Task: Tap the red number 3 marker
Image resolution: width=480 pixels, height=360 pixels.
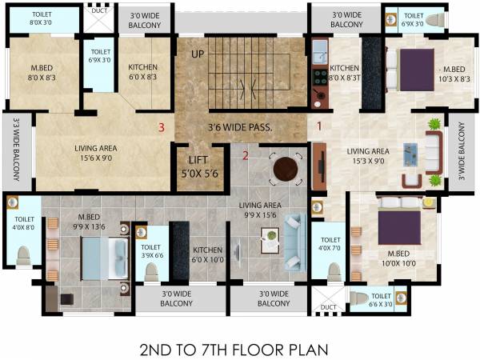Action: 162,126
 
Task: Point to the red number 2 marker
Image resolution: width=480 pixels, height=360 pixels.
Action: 246,154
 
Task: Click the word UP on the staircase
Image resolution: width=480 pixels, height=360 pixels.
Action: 197,54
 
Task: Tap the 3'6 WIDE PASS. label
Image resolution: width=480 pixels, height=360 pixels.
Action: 240,126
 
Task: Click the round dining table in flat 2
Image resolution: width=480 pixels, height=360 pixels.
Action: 286,169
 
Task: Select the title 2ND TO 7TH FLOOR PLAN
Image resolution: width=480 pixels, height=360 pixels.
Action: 234,350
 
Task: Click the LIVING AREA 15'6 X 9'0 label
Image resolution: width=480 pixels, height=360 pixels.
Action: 98,153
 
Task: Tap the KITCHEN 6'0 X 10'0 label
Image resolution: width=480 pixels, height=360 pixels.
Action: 206,254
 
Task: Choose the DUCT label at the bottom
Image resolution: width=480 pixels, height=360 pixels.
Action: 328,306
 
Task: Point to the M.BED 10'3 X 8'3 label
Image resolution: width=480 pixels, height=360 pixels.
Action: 454,73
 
